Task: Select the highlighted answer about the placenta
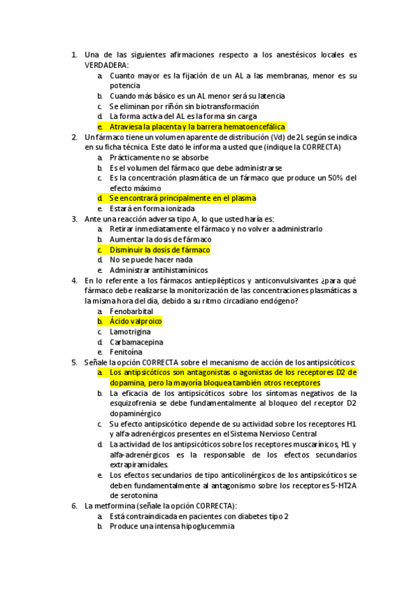coord(188,127)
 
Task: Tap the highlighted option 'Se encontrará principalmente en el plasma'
coord(183,198)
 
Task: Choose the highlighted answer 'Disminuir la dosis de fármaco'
coord(160,249)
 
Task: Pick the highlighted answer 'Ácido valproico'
coord(136,322)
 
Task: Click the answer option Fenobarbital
coord(133,311)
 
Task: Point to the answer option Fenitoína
coord(128,352)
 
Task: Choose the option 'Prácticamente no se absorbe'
coord(159,158)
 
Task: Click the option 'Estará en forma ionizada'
coord(152,208)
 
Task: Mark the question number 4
coord(74,281)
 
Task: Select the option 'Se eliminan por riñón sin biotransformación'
coord(184,106)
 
